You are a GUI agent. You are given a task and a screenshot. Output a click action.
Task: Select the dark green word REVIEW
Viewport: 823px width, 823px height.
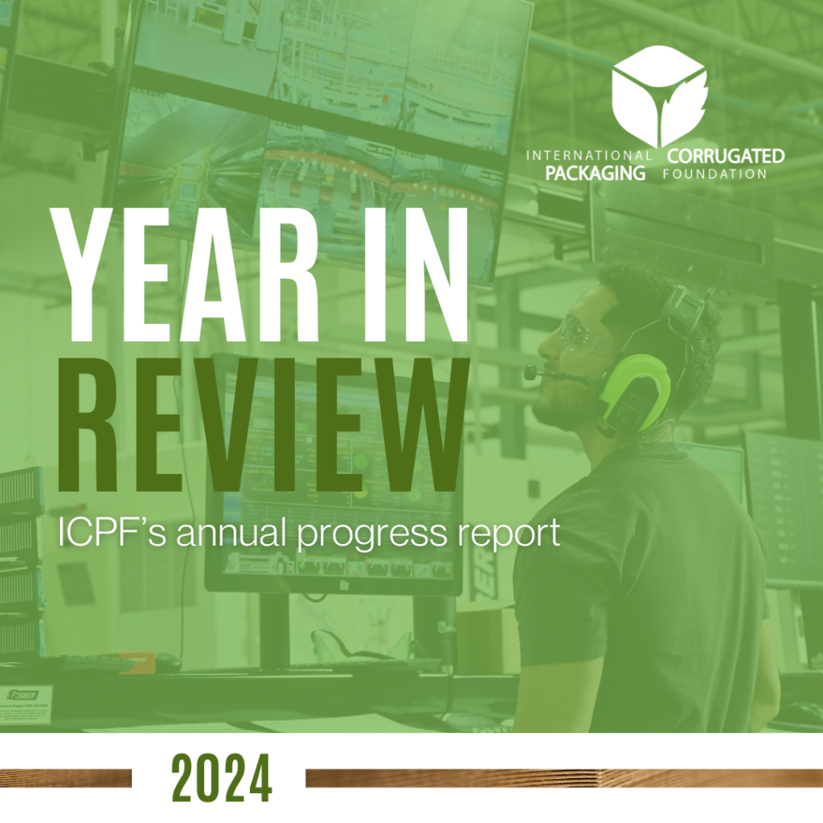tap(263, 425)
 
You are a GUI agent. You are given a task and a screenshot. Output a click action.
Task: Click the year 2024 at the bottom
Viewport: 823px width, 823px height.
tap(222, 778)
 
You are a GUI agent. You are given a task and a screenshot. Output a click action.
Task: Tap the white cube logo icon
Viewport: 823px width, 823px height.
tap(659, 96)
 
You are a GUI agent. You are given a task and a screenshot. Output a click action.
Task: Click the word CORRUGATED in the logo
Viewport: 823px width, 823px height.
tap(726, 156)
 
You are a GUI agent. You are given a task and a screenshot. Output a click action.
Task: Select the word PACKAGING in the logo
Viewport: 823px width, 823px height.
tap(596, 173)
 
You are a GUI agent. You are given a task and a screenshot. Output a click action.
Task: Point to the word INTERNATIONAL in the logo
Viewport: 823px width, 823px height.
tap(589, 155)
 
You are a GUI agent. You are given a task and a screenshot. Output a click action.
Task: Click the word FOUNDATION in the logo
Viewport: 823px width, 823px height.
tap(714, 174)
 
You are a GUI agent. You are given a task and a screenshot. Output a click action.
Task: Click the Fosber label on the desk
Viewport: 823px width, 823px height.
tap(24, 695)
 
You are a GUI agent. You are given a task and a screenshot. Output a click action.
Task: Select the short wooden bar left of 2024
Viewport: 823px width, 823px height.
tap(66, 778)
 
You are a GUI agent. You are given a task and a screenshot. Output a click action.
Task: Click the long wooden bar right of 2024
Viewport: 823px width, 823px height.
tap(564, 778)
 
